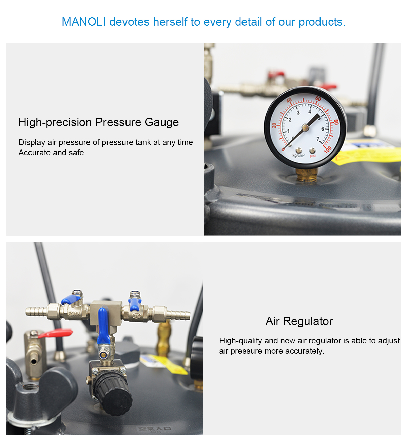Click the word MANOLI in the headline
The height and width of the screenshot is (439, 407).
[84, 22]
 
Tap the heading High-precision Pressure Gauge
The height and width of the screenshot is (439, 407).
[99, 122]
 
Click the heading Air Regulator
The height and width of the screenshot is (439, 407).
[299, 321]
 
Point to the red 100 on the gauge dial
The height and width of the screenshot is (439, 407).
[328, 149]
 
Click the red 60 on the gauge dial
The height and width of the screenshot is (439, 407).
[318, 99]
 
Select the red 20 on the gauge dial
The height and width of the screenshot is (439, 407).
[274, 125]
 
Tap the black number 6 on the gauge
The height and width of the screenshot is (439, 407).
[323, 129]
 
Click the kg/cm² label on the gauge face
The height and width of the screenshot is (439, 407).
[298, 155]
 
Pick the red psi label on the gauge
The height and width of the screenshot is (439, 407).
[313, 156]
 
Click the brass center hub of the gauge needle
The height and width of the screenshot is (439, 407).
[305, 127]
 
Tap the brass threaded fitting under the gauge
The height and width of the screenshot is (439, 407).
[307, 175]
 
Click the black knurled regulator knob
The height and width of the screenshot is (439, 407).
[113, 394]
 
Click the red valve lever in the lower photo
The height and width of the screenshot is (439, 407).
[55, 333]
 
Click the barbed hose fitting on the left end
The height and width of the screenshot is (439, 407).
[37, 312]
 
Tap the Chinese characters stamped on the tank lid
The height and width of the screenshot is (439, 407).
[155, 429]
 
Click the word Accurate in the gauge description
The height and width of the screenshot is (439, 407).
[35, 153]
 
